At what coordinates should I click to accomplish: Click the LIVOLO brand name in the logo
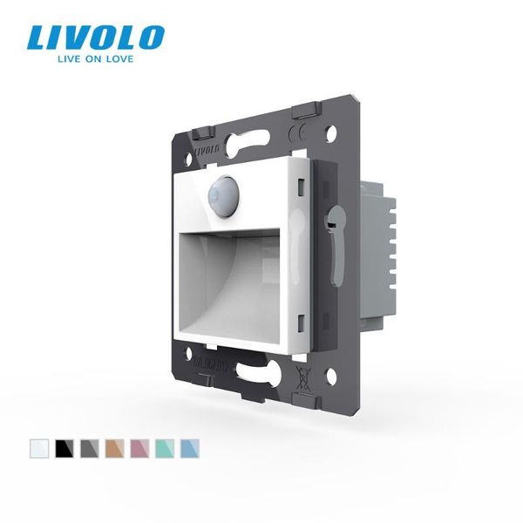[95, 37]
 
